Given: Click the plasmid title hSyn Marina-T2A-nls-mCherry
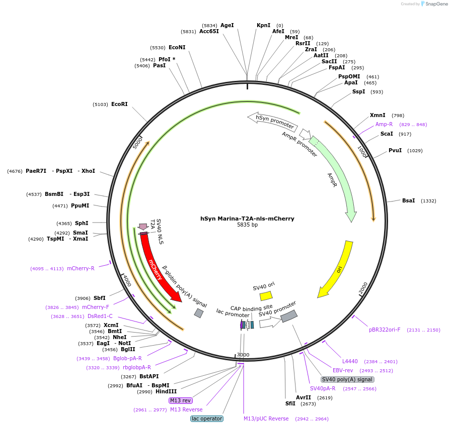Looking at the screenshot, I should click(247, 219).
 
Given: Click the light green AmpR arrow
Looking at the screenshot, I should click(335, 178).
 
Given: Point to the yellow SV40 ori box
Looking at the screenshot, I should click(266, 296).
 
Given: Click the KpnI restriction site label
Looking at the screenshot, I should click(263, 25).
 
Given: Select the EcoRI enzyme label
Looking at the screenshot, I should click(119, 104).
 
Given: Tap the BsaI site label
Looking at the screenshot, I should click(408, 200).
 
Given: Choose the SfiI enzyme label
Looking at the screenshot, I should click(290, 403).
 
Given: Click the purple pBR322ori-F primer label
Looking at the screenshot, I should click(385, 330).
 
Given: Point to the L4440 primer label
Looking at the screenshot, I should click(350, 361).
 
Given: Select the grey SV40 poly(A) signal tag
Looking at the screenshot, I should click(347, 379).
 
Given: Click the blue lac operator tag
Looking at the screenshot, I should click(207, 418).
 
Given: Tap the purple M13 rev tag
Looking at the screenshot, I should click(180, 400).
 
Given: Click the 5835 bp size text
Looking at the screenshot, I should click(247, 225).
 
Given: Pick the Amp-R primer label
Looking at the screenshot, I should click(384, 124).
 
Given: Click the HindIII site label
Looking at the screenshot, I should click(166, 391).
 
